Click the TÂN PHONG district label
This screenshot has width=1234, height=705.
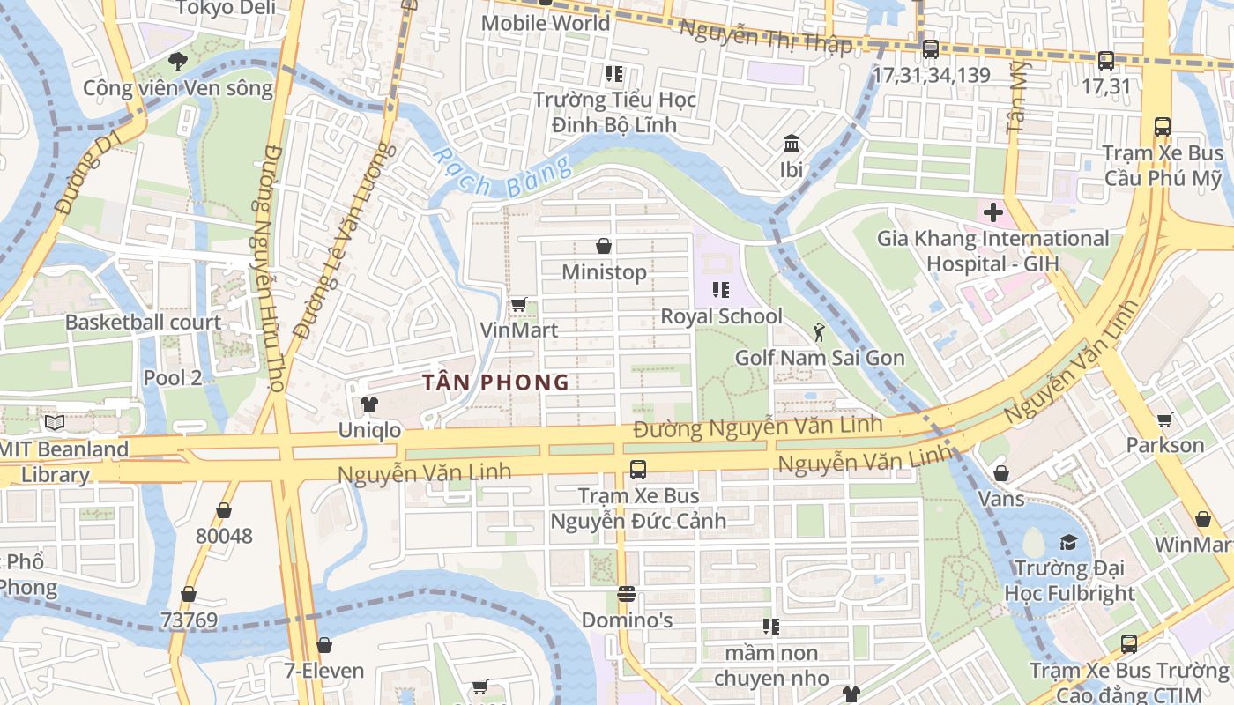pyautogui.click(x=495, y=382)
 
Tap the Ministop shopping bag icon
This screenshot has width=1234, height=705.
pyautogui.click(x=604, y=246)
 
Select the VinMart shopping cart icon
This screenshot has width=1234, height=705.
pyautogui.click(x=519, y=305)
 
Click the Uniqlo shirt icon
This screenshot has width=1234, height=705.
pyautogui.click(x=368, y=404)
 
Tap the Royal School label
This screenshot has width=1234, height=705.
pyautogui.click(x=721, y=316)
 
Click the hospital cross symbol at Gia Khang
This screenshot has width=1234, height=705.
pyautogui.click(x=993, y=212)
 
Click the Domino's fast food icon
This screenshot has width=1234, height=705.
pyautogui.click(x=627, y=594)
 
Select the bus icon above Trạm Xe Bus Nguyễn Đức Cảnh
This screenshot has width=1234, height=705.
pyautogui.click(x=637, y=470)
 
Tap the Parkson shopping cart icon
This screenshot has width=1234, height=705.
pyautogui.click(x=1164, y=419)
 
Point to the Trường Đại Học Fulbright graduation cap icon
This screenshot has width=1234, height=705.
pyautogui.click(x=1068, y=542)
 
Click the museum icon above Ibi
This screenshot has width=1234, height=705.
pyautogui.click(x=791, y=143)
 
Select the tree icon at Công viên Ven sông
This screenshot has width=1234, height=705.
pyautogui.click(x=178, y=62)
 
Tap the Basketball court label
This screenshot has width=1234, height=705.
pyautogui.click(x=143, y=323)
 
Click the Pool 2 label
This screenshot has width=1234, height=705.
pyautogui.click(x=173, y=378)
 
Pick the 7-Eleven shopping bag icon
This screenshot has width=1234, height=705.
pyautogui.click(x=323, y=645)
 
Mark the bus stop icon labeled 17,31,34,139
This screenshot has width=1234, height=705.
pyautogui.click(x=930, y=49)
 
